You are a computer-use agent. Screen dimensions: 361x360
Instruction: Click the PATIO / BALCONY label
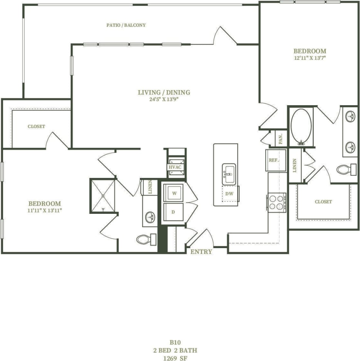coord(126,25)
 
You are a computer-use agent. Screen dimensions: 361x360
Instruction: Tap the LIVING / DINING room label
coord(164,92)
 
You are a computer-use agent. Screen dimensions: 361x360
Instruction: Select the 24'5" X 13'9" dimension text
coord(164,99)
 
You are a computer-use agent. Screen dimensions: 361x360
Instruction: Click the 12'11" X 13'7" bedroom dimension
coord(310,58)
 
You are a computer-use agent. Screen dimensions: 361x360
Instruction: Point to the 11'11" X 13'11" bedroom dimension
coord(45,210)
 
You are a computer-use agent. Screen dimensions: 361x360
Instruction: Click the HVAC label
coord(175,167)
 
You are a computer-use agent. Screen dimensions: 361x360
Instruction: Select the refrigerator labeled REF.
coord(275,160)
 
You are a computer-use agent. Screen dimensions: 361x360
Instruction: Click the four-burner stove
coord(276,202)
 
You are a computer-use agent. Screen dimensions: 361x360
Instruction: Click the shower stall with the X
coord(103,196)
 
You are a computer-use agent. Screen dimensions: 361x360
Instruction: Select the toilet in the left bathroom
coord(145,239)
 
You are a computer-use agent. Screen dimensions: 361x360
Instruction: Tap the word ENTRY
coord(201,252)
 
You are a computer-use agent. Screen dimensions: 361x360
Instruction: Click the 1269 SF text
coord(175,357)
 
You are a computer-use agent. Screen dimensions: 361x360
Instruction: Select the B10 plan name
coord(175,342)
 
